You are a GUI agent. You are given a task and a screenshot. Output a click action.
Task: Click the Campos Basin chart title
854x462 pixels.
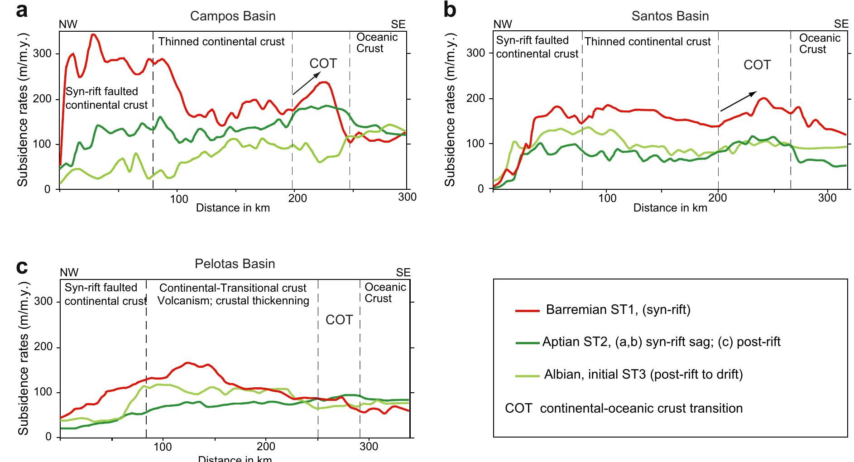coord(233,16)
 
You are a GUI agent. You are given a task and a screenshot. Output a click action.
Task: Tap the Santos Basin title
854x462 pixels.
coord(670,16)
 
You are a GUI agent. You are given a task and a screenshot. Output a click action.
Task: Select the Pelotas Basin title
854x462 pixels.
coord(235,264)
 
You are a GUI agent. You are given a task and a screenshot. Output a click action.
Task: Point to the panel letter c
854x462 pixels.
coord(22,267)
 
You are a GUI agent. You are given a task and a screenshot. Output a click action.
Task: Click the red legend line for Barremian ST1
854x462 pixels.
coord(528,311)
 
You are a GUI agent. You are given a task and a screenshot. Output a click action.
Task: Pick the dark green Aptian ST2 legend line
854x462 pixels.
coord(528,343)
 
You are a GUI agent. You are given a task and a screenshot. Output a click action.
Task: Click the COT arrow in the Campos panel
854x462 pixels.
coord(305,85)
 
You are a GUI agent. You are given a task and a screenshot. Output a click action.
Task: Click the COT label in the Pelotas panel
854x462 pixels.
coord(339,320)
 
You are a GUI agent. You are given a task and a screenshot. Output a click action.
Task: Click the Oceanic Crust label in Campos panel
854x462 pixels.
coord(377,43)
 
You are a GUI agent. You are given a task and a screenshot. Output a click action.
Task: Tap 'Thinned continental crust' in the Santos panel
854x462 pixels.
coord(648,42)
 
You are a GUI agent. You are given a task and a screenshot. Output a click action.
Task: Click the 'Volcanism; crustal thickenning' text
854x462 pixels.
coord(233,301)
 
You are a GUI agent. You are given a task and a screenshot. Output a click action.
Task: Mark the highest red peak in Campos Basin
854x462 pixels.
coord(93,34)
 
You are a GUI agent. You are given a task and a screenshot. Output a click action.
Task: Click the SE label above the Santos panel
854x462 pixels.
coord(841,24)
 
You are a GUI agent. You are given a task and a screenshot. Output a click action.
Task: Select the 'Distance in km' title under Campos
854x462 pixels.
coord(233,208)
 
